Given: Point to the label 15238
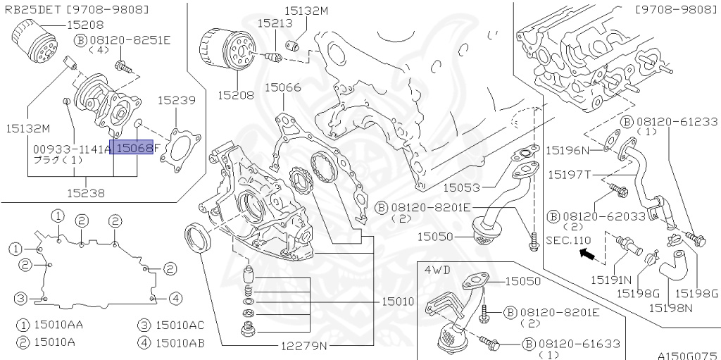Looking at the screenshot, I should (87, 192).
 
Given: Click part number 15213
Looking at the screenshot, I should (275, 23).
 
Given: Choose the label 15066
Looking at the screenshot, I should (282, 88).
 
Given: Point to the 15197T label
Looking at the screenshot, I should (570, 174).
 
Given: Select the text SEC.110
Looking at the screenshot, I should (568, 240).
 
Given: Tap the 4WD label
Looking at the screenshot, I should (437, 269).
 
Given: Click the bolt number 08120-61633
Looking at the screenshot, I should (579, 344).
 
